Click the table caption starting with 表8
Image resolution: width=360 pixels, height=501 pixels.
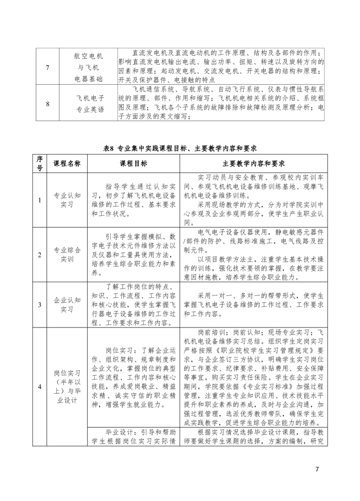tap(180, 148)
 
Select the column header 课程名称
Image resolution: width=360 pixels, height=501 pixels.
tap(67, 163)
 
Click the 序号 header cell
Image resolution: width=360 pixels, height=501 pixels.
tap(39, 163)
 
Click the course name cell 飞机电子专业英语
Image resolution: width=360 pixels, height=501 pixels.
tap(88, 104)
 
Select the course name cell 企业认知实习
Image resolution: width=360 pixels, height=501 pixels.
tap(67, 305)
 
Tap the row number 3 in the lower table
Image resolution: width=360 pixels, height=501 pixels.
tap(39, 305)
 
